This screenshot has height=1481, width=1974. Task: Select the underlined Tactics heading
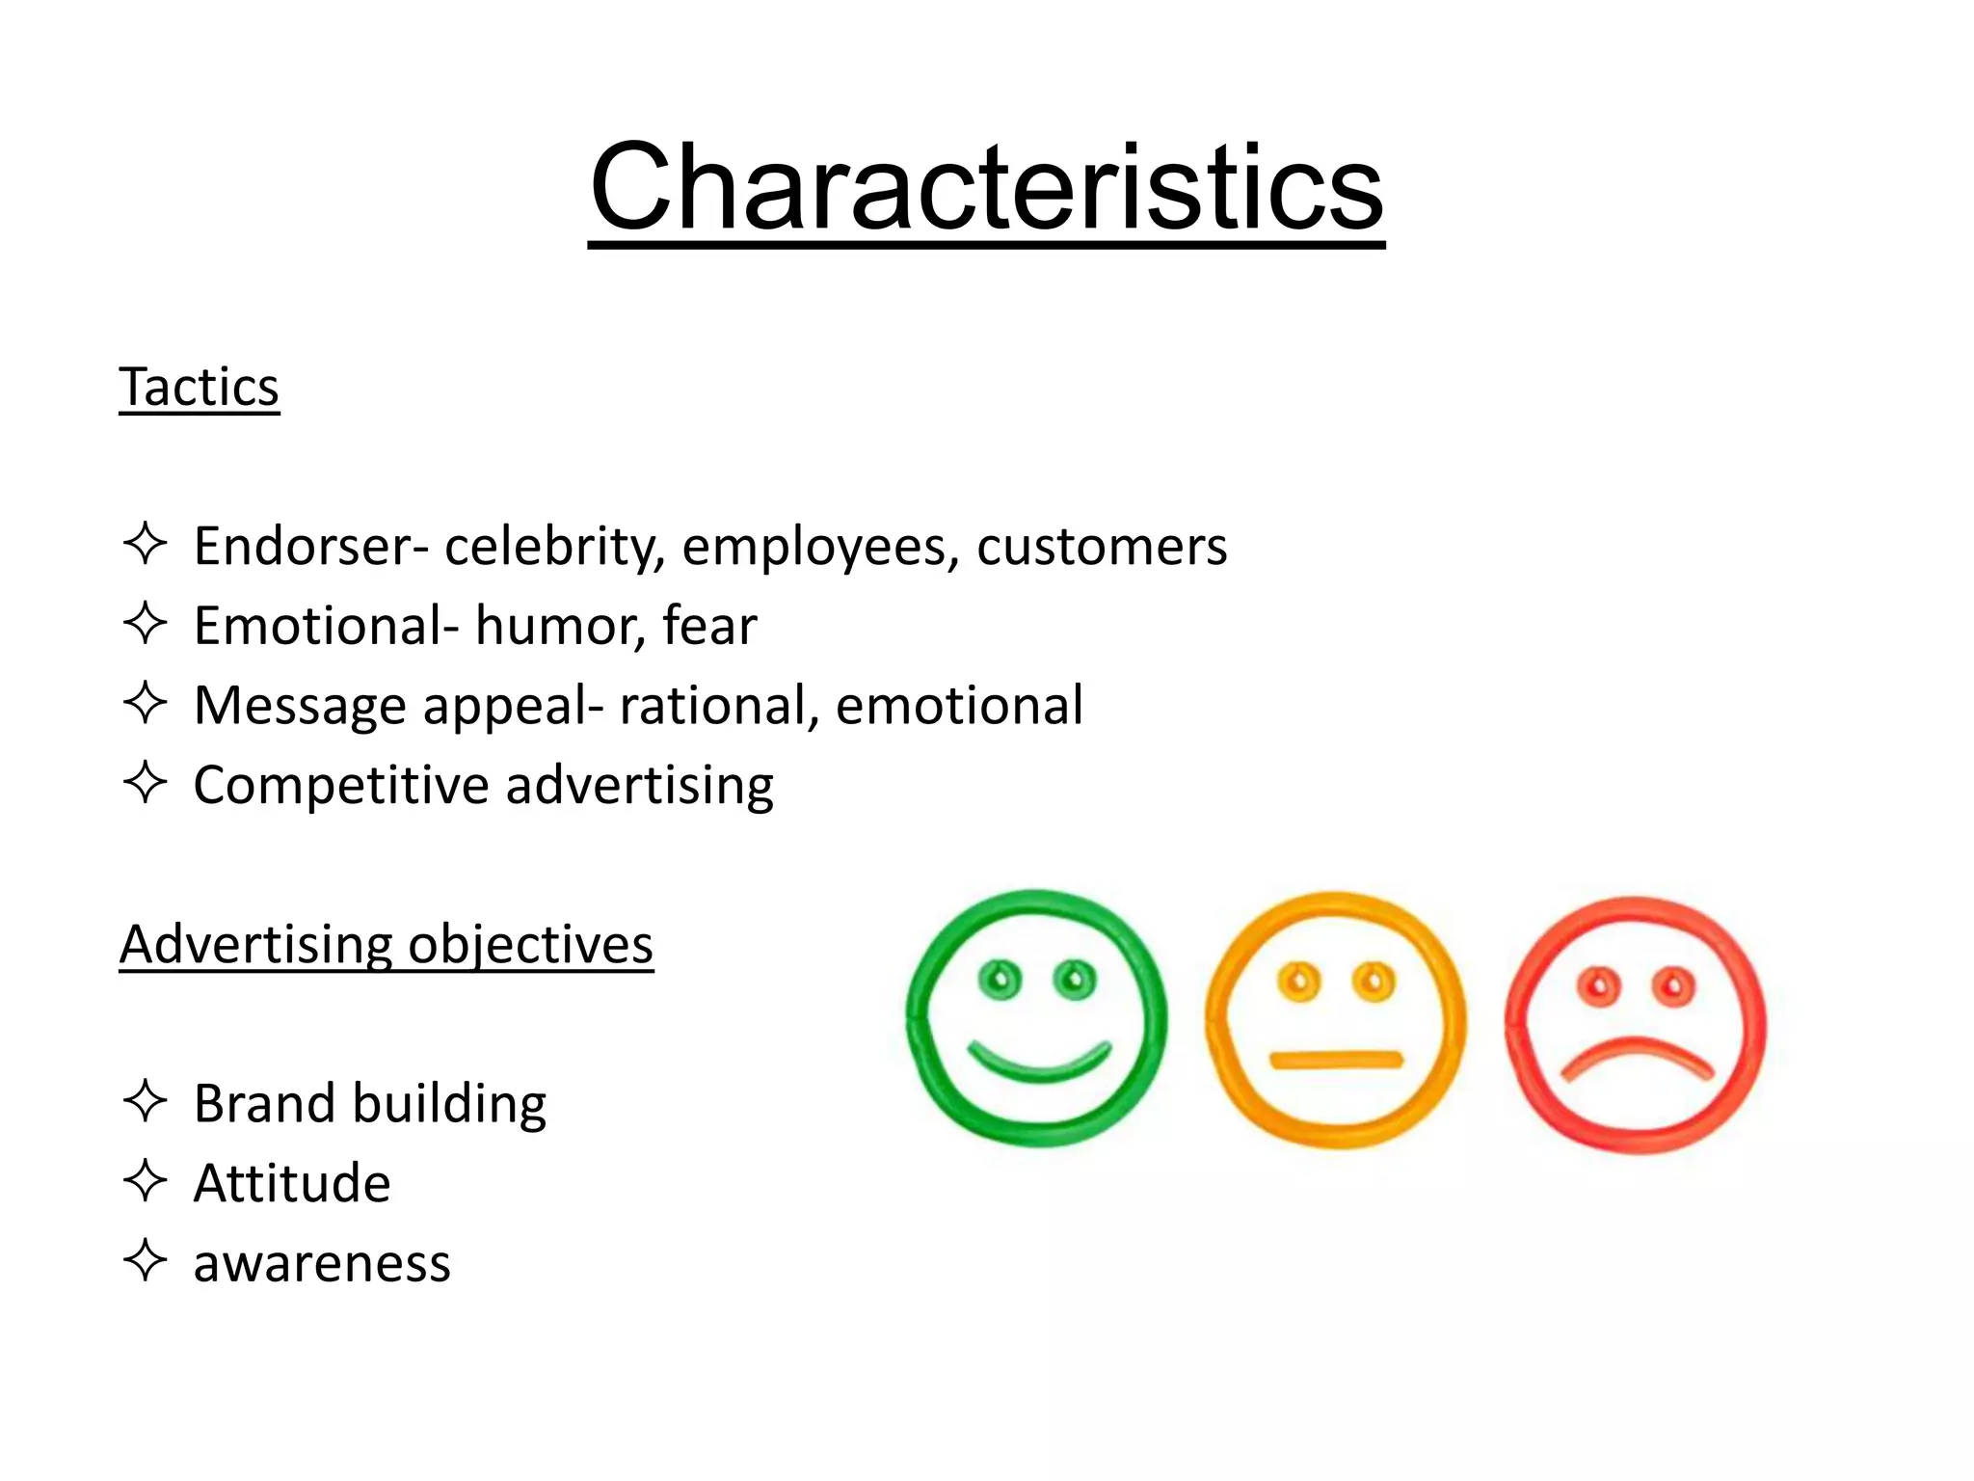199,388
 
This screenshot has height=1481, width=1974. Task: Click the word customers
1102,547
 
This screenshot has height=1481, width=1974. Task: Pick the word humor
560,626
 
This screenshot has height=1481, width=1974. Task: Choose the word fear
709,626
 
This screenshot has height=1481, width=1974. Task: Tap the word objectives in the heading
530,944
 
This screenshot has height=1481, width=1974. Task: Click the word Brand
263,1103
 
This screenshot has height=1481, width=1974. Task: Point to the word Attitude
292,1183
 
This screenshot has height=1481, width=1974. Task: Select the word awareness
322,1263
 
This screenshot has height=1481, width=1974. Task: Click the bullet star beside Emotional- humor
146,624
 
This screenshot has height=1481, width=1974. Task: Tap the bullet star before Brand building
146,1101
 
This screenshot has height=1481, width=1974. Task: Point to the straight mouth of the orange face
1336,1061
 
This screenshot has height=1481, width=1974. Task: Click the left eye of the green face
1000,981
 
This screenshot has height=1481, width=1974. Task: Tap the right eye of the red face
1673,986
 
